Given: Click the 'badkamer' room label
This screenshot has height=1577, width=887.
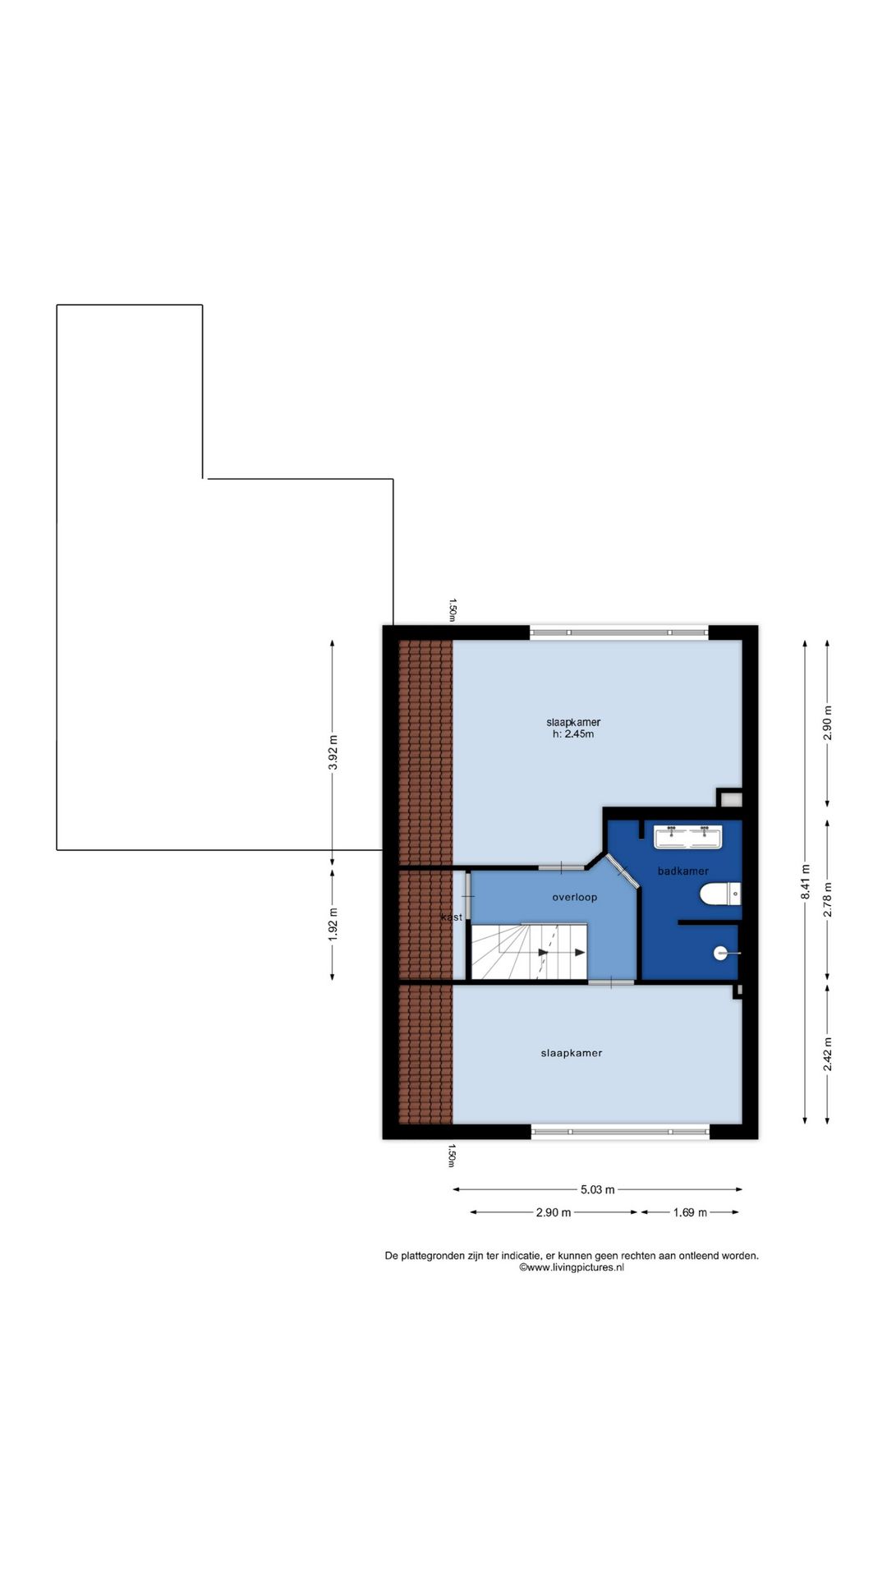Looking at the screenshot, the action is tap(682, 871).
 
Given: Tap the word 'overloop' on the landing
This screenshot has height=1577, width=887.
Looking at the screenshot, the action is tap(574, 897).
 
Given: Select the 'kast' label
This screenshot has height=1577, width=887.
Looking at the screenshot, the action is tap(452, 917).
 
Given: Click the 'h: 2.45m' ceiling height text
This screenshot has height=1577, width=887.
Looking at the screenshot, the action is tap(573, 734).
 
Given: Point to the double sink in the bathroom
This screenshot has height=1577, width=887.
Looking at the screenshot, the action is tap(688, 837).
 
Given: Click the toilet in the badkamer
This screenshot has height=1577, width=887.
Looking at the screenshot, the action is tap(720, 894).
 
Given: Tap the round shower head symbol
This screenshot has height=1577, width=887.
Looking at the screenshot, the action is tap(720, 954).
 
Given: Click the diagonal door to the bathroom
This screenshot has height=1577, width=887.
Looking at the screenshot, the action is tap(623, 871).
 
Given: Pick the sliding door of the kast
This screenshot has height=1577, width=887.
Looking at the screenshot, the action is tap(467, 895).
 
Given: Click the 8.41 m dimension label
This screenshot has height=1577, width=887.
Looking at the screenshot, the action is tap(806, 882).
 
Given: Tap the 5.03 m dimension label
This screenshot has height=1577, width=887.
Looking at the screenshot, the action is tap(598, 1189).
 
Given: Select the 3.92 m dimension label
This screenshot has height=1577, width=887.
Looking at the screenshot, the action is tap(333, 753).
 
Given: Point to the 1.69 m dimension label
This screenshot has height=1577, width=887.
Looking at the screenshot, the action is tap(690, 1212).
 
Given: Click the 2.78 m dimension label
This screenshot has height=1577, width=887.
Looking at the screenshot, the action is tap(828, 899).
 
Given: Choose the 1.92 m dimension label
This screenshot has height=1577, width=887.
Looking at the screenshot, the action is tap(333, 924).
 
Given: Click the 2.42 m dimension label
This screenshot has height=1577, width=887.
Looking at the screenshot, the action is tap(828, 1054).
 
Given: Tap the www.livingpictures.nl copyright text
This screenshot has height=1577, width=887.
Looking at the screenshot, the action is tap(572, 1267).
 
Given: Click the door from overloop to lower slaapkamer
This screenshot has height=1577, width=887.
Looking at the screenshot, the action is tap(611, 982).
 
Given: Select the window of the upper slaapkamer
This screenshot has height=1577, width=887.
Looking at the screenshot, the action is tap(618, 632).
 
